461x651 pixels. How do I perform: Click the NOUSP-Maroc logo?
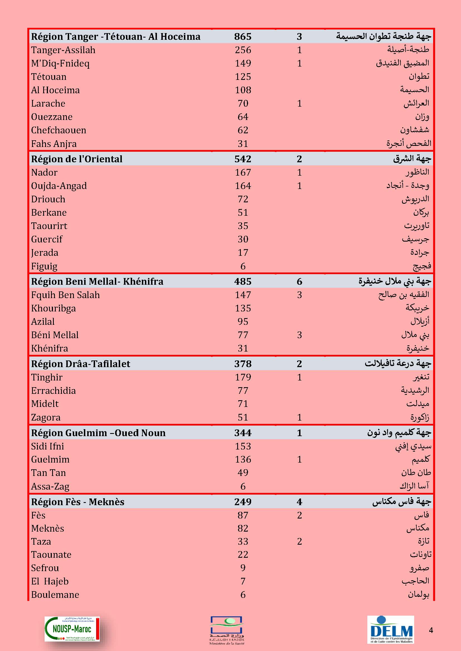[72, 629]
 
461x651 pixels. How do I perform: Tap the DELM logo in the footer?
[391, 629]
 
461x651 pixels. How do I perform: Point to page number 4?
[431, 630]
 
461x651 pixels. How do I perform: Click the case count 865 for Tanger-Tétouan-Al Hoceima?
[243, 36]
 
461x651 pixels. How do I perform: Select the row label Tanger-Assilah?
[63, 50]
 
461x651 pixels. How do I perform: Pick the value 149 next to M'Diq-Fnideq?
[243, 63]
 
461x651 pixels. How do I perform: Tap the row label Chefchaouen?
[59, 130]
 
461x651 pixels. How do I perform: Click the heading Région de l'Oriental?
[77, 159]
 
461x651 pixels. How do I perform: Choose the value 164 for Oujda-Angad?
[243, 186]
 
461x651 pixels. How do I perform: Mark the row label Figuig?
[44, 266]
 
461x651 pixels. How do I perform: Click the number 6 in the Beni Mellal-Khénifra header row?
[299, 282]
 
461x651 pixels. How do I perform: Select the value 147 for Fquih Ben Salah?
[243, 295]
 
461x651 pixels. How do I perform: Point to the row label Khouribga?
[53, 308]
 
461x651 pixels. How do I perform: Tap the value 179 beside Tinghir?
[243, 377]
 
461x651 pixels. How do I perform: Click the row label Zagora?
[46, 417]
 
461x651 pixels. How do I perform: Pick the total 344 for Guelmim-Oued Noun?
[243, 433]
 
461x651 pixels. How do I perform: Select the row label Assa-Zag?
[50, 486]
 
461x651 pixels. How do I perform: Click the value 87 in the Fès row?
[243, 515]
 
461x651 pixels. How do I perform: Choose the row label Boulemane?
[55, 595]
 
